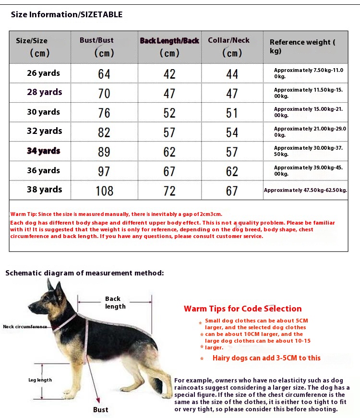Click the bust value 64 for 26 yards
coord(104,74)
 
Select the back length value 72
coord(169,191)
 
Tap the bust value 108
coord(104,191)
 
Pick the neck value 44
coord(232,74)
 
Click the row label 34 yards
coord(44,151)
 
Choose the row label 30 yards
coord(44,112)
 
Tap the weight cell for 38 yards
coord(305,191)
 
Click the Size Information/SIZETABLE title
coord(67,14)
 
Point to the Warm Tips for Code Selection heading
coord(242,309)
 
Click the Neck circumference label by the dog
coord(25,326)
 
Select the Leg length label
coord(40,380)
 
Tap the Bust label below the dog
coord(101,409)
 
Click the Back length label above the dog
coord(115,302)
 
